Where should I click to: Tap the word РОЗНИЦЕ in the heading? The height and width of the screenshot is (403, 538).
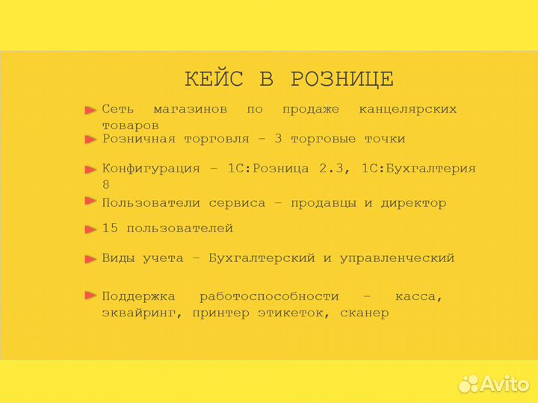341,79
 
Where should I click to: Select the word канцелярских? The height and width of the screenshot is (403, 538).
407,110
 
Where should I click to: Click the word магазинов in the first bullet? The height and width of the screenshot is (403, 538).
190,110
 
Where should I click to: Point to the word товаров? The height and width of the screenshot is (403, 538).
130,125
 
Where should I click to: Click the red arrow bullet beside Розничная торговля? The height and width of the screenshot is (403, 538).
90,140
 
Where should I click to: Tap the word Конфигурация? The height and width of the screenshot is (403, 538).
151,169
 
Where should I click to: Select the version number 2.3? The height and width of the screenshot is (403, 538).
334,169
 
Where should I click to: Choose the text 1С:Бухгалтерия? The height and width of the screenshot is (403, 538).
418,169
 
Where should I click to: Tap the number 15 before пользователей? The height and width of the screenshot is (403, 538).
110,228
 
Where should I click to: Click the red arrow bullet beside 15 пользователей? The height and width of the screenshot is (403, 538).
90,229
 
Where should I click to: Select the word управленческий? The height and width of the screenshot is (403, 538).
397,258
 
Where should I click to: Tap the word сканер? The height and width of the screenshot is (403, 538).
364,313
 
